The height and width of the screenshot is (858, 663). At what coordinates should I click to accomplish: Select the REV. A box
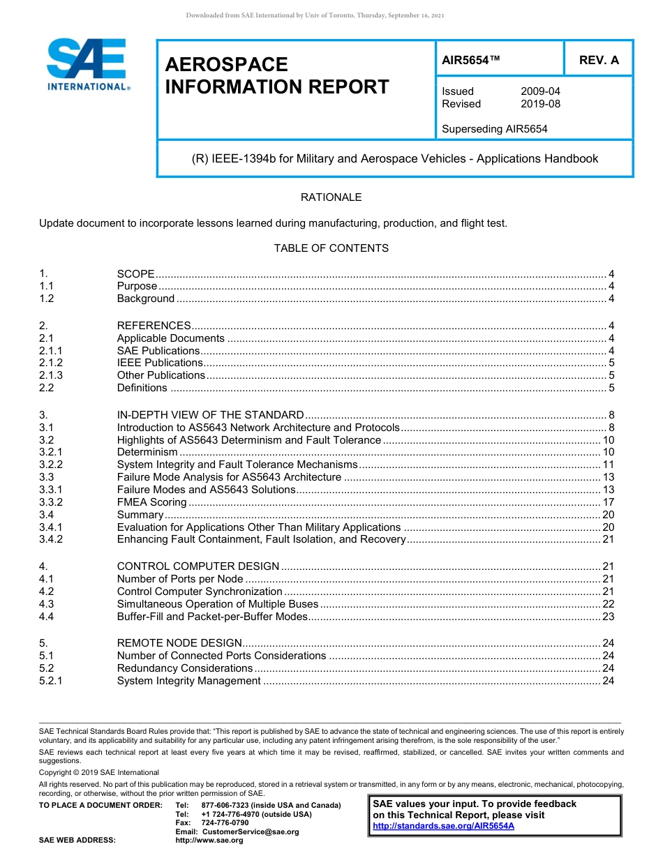(598, 60)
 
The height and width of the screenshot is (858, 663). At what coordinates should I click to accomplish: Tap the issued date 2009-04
(540, 91)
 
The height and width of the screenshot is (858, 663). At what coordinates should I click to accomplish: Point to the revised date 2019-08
(540, 104)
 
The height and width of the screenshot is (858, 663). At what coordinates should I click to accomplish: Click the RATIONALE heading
(331, 197)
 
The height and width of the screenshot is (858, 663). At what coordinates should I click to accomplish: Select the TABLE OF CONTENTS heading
(331, 248)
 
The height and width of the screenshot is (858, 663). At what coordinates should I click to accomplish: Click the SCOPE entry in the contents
(136, 274)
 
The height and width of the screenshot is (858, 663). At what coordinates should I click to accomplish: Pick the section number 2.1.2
(51, 363)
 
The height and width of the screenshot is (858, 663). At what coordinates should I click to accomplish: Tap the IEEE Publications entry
(160, 363)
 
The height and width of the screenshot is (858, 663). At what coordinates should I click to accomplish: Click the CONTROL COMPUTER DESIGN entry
(198, 566)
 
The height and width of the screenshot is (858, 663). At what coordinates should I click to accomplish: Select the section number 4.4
(47, 617)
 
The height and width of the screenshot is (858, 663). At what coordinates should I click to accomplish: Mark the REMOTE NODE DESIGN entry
(179, 643)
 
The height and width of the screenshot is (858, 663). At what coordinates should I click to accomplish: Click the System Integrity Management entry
(189, 681)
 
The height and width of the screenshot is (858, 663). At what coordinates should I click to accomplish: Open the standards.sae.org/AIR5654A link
(443, 826)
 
